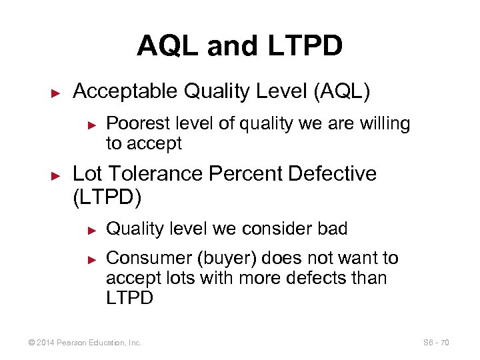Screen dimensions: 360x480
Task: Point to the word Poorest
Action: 136,123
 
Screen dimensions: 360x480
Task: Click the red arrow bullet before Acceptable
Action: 56,92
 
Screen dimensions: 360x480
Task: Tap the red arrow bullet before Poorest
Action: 93,124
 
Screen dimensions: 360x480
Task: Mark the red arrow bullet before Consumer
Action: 93,259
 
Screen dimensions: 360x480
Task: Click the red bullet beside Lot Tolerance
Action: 56,175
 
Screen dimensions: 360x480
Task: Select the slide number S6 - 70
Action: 436,343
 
